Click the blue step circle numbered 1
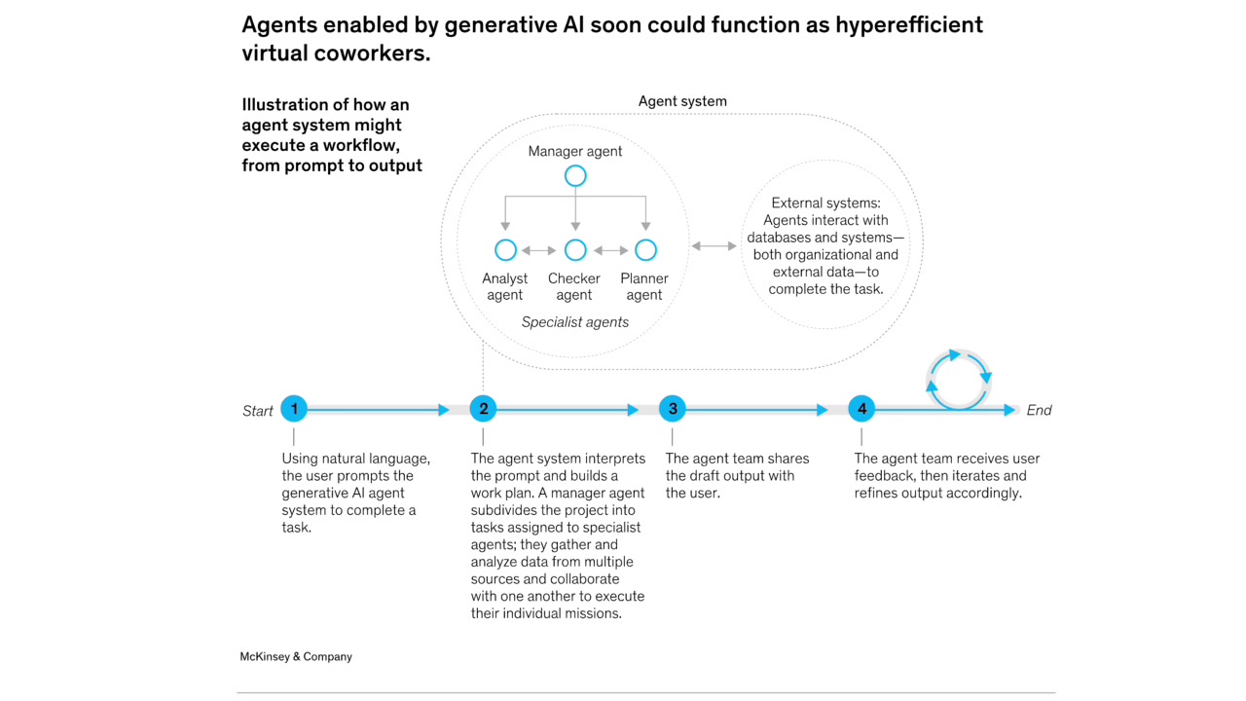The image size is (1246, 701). pyautogui.click(x=294, y=409)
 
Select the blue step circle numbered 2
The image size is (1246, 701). pyautogui.click(x=483, y=409)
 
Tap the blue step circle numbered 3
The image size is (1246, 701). pyautogui.click(x=673, y=409)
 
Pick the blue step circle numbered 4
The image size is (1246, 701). pyautogui.click(x=861, y=409)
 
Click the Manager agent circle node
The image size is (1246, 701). pyautogui.click(x=575, y=176)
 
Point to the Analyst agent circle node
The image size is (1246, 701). pyautogui.click(x=505, y=250)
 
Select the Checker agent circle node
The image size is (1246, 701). pyautogui.click(x=575, y=250)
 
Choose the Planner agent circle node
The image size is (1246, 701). pyautogui.click(x=645, y=250)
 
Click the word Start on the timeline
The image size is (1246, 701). pyautogui.click(x=258, y=411)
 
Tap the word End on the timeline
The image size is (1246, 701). pyautogui.click(x=1039, y=410)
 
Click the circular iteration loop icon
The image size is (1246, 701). pyautogui.click(x=959, y=379)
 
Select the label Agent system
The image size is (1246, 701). pyautogui.click(x=682, y=101)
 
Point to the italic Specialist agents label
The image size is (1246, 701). pyautogui.click(x=575, y=322)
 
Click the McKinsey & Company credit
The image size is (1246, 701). pyautogui.click(x=296, y=657)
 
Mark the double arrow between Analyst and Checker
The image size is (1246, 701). pyautogui.click(x=539, y=250)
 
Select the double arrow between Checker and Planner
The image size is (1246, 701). pyautogui.click(x=610, y=250)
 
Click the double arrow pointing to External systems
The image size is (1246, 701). pyautogui.click(x=714, y=246)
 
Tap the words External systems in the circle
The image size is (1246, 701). pyautogui.click(x=825, y=203)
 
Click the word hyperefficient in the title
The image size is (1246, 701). pyautogui.click(x=908, y=24)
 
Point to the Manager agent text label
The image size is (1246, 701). pyautogui.click(x=575, y=151)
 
